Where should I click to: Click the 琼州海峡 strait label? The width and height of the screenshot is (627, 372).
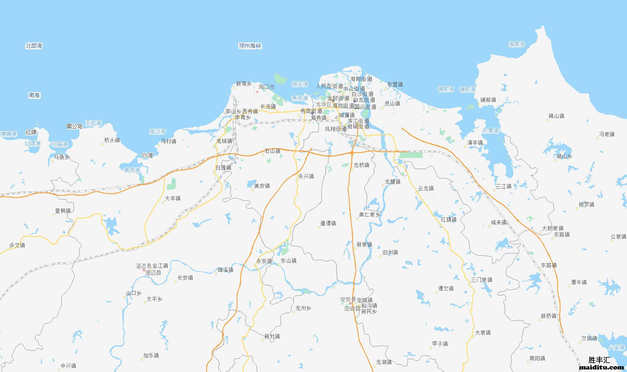(x=250, y=46)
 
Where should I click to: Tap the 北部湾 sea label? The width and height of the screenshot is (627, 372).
(x=34, y=46)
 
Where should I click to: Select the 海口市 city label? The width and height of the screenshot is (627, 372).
(x=267, y=87)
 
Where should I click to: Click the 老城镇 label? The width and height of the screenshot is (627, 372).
(x=224, y=141)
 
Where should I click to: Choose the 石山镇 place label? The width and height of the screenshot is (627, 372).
(x=272, y=151)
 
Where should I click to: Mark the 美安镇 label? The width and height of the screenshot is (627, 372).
(x=262, y=186)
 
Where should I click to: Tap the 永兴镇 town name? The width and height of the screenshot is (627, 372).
(x=306, y=176)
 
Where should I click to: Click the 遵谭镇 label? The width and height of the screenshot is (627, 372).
(x=328, y=223)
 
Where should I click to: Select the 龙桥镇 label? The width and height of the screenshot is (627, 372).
(x=361, y=165)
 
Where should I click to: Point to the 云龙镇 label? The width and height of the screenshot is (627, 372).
(x=426, y=188)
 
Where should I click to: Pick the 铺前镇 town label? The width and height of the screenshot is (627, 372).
(x=488, y=100)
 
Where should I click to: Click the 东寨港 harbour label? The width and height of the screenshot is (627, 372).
(x=491, y=131)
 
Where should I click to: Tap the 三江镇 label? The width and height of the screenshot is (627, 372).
(x=504, y=186)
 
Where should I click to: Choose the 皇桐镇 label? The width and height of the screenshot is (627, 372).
(x=63, y=211)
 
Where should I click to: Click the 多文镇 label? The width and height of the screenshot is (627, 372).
(x=17, y=245)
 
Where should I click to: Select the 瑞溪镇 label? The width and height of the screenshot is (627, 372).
(x=225, y=270)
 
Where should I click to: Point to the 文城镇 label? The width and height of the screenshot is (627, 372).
(x=589, y=338)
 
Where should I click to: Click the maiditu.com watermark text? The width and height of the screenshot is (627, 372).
(x=601, y=367)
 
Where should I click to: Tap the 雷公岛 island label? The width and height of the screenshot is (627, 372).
(x=74, y=126)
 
